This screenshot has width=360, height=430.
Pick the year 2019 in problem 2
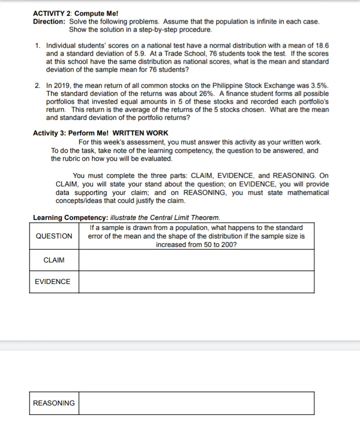61,85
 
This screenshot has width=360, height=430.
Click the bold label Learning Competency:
69,217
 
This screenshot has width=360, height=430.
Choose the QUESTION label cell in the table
54,236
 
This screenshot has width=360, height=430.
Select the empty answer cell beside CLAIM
196,260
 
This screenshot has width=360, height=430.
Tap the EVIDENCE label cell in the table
53,281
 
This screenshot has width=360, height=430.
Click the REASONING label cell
54,403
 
